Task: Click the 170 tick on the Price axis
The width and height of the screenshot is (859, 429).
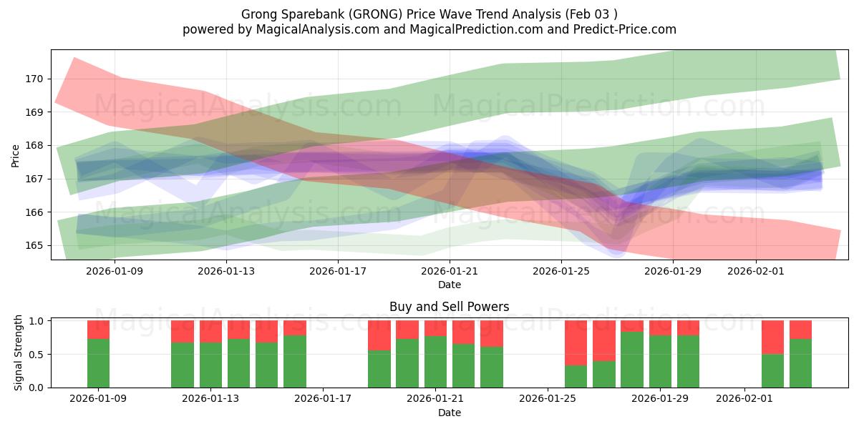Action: (x=34, y=79)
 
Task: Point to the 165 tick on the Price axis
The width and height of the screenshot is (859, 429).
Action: (x=34, y=245)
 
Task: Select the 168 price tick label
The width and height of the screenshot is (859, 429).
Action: (x=34, y=145)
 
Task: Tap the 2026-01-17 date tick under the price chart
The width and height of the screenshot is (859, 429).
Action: (x=338, y=271)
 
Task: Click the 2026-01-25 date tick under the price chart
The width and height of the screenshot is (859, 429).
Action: (x=561, y=271)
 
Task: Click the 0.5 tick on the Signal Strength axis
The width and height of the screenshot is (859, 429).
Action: (x=34, y=354)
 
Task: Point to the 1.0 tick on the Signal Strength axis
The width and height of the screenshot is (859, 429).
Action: (x=34, y=321)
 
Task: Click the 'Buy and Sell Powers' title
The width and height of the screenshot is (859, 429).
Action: (x=449, y=307)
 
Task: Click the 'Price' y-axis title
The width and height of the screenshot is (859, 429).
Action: (x=16, y=154)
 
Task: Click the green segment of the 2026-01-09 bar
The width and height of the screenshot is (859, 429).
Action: (x=99, y=363)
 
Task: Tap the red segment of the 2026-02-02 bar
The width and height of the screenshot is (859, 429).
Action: (x=772, y=337)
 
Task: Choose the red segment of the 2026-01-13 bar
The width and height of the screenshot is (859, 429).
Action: (x=211, y=331)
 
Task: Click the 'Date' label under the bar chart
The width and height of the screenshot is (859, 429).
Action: (x=449, y=413)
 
